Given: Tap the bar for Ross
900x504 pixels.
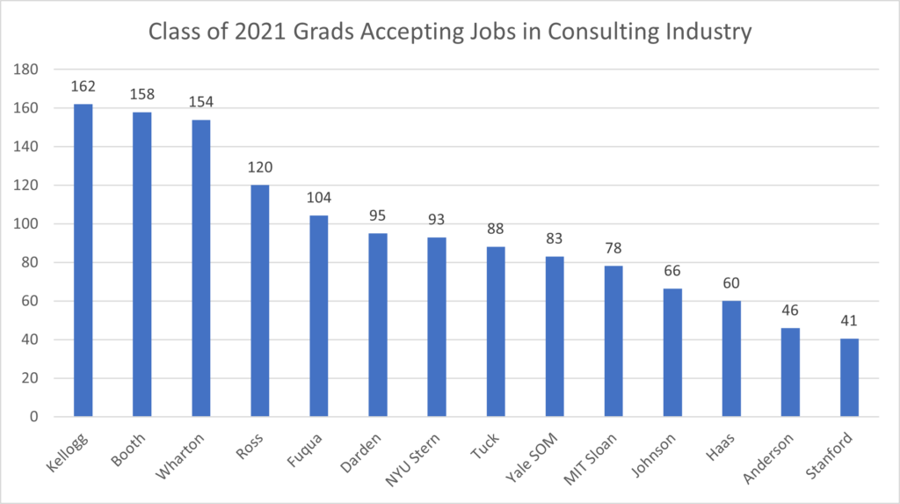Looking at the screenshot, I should click(259, 300).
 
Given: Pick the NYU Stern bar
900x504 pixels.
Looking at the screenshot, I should click(437, 326).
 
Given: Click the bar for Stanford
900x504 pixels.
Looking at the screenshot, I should click(849, 377).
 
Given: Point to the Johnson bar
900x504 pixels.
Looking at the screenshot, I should click(672, 352).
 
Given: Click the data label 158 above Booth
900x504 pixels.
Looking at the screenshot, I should click(142, 93).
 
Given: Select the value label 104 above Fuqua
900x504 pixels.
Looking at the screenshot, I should click(318, 198).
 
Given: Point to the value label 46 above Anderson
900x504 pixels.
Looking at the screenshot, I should click(790, 310).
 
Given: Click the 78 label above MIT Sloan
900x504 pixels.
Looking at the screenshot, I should click(613, 248).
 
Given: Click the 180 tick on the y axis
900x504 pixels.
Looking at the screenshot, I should click(32, 69).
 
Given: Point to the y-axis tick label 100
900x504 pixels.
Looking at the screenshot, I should click(32, 224).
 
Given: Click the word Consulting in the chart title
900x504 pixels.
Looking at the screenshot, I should click(597, 33).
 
